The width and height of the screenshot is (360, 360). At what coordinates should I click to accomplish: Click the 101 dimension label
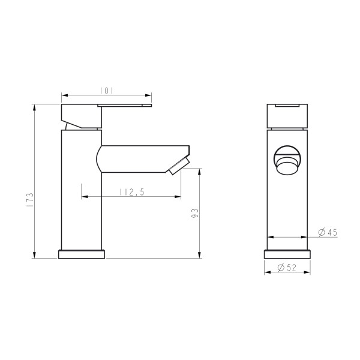pyautogui.click(x=106, y=91)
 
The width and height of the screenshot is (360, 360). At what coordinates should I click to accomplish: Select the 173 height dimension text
pyautogui.click(x=28, y=199)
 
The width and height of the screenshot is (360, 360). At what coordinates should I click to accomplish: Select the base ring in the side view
pyautogui.click(x=82, y=254)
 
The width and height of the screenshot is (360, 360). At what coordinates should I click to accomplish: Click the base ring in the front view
pyautogui.click(x=287, y=254)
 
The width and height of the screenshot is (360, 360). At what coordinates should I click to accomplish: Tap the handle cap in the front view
pyautogui.click(x=287, y=115)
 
